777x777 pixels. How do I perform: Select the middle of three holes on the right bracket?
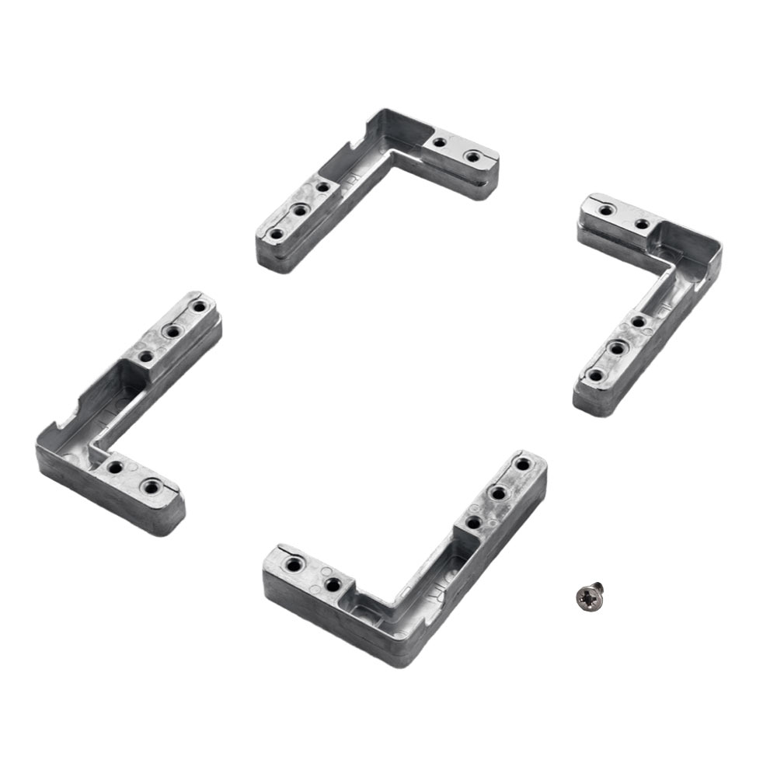[x=616, y=349]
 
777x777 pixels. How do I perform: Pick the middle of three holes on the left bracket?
[x=171, y=332]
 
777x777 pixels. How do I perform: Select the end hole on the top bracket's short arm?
[x=472, y=156]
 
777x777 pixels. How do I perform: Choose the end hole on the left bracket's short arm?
[x=150, y=488]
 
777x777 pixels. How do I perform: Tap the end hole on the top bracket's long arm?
[x=276, y=233]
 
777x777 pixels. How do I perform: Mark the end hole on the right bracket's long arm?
[x=595, y=375]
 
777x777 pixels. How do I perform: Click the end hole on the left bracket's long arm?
[x=198, y=307]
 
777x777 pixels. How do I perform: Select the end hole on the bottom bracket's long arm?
[x=523, y=465]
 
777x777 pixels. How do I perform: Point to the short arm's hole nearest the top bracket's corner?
[x=440, y=143]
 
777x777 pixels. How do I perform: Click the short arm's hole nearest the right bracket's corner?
[x=642, y=225]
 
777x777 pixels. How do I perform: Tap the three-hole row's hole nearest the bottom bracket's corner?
[x=471, y=521]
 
